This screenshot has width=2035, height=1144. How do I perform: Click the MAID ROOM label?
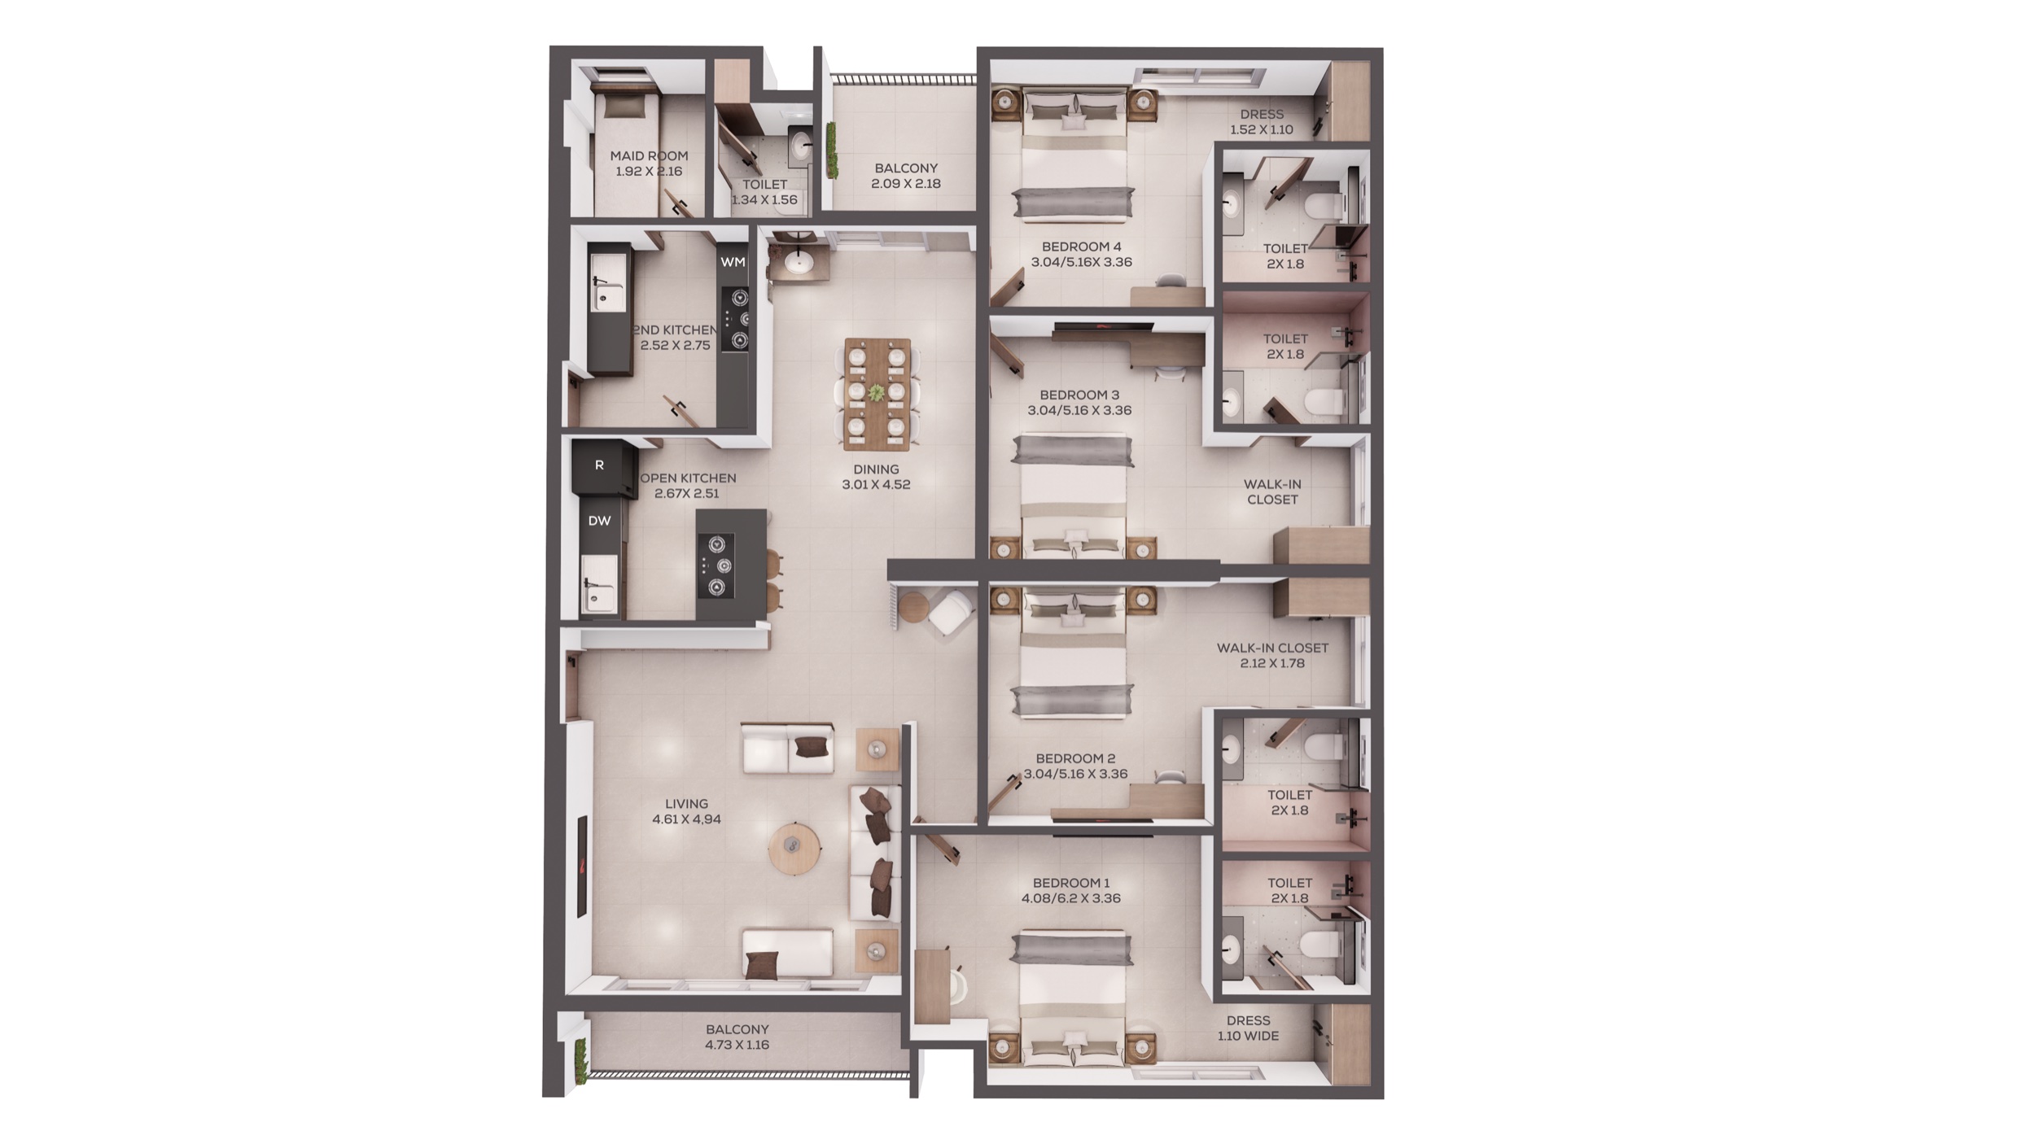click(x=649, y=155)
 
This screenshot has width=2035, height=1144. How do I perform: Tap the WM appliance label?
click(x=733, y=262)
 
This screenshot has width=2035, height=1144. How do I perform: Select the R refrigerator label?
click(x=599, y=465)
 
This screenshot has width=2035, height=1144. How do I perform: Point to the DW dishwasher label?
click(x=599, y=521)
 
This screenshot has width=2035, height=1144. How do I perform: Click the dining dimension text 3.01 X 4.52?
click(x=876, y=485)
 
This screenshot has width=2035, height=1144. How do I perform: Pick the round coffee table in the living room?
click(x=794, y=849)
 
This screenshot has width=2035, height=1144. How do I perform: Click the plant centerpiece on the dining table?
click(x=876, y=393)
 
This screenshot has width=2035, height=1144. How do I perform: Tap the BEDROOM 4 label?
click(x=1081, y=247)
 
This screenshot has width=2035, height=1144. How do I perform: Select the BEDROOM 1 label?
click(x=1071, y=883)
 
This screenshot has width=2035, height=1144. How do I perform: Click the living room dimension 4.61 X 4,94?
click(x=686, y=819)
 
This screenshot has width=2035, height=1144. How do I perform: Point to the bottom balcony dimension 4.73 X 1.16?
click(x=737, y=1045)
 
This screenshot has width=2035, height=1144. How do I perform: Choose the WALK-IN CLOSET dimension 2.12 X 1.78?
click(x=1272, y=663)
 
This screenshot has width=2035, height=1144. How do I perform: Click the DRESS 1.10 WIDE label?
click(x=1248, y=1028)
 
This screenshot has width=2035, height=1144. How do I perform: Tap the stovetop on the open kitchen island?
click(x=717, y=565)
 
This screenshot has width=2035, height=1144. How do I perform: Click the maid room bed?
click(x=624, y=149)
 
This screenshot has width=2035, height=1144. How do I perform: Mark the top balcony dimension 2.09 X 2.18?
click(x=906, y=184)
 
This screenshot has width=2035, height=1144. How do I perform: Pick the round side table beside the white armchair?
click(x=913, y=607)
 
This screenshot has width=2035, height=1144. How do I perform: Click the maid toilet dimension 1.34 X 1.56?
click(x=764, y=200)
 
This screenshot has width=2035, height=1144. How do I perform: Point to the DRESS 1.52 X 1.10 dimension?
click(x=1262, y=129)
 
